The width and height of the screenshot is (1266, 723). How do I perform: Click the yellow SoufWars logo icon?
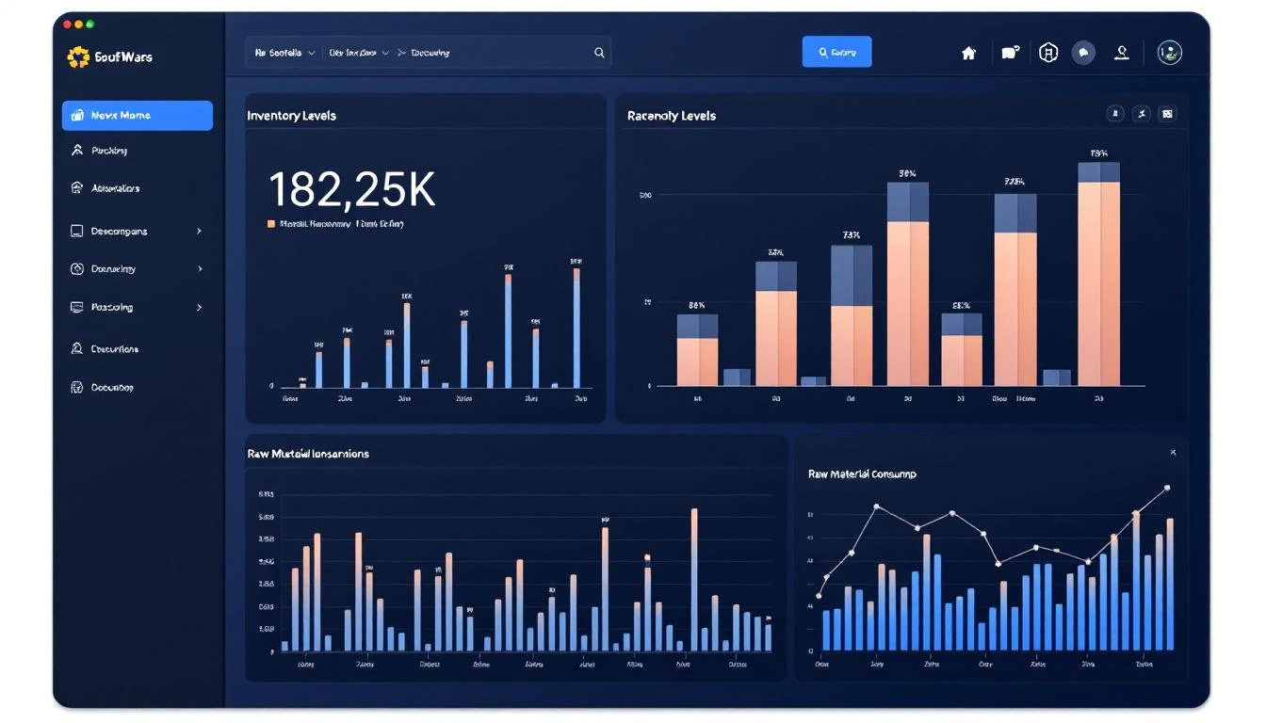(x=78, y=57)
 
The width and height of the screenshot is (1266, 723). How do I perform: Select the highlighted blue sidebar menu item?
(x=138, y=116)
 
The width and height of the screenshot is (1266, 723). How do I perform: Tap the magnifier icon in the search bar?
(x=599, y=53)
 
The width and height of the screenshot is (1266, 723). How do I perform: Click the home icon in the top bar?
(x=968, y=54)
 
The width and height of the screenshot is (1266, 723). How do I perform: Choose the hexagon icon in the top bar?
(x=1048, y=53)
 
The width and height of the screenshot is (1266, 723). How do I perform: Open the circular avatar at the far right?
(x=1169, y=53)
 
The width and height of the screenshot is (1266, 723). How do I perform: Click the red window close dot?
(x=66, y=24)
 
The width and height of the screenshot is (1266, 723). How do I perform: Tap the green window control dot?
(x=89, y=24)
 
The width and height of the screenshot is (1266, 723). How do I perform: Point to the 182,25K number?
(x=351, y=189)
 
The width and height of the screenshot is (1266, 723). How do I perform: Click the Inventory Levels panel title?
(x=291, y=116)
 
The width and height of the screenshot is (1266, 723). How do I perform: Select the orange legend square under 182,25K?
(x=271, y=224)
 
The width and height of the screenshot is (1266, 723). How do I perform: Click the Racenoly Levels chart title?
(x=671, y=116)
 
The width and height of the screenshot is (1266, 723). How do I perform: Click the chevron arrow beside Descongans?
(x=199, y=231)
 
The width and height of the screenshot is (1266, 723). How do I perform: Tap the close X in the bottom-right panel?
(x=1173, y=453)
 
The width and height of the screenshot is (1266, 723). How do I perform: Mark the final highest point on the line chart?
(x=1167, y=488)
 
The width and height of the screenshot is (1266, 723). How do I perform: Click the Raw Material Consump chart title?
(x=861, y=474)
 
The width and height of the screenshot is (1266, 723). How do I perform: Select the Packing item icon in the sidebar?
(x=77, y=151)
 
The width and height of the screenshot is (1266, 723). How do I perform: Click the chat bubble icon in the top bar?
(x=1083, y=53)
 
